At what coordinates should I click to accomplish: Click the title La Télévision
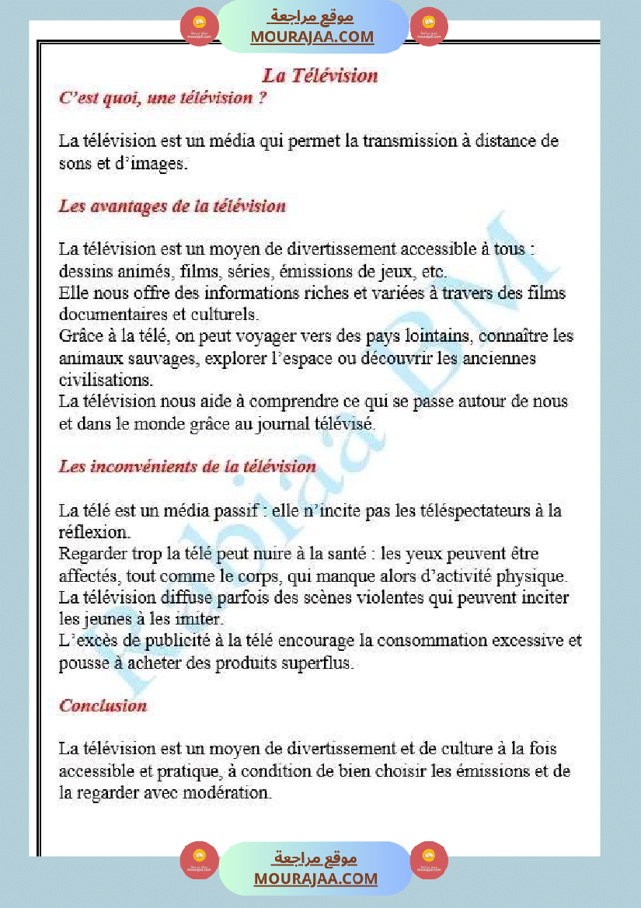point(320,75)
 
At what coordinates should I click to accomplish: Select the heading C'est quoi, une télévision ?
point(163,99)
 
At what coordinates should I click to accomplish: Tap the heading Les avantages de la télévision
point(172,207)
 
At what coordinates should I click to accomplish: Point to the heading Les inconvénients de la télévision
point(187,467)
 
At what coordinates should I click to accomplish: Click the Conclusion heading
point(103,706)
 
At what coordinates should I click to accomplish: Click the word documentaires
point(112,315)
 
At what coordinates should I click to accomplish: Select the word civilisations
point(106,381)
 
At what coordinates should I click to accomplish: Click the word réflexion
point(95,533)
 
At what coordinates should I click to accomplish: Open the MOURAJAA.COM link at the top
point(312,37)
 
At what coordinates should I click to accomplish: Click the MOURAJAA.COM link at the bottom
point(315,878)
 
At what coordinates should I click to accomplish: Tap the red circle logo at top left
point(199,27)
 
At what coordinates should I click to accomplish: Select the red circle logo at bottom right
point(429,860)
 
